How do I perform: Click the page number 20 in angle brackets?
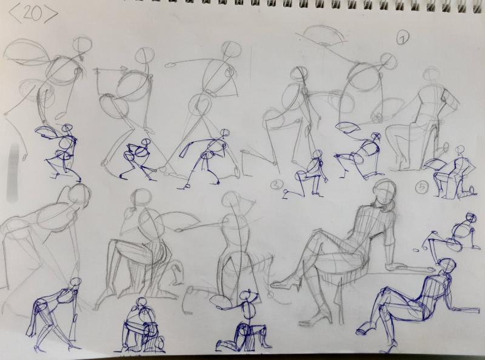(x=33, y=14)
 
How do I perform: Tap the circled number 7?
(x=403, y=38)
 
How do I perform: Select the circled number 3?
(x=276, y=185)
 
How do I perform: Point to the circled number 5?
(x=422, y=187)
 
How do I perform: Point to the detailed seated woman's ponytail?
(x=390, y=205)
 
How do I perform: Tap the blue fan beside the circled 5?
(x=435, y=164)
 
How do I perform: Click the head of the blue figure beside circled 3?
(x=317, y=154)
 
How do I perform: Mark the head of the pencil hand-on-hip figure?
(x=432, y=73)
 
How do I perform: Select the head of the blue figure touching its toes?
(x=75, y=282)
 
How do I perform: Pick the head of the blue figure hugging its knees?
(x=142, y=302)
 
